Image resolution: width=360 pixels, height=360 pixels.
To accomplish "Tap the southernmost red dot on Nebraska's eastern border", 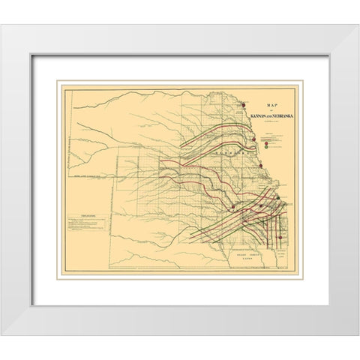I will pyautogui.click(x=261, y=166).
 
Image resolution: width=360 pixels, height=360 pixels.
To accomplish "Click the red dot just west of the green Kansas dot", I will pyautogui.click(x=259, y=205).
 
